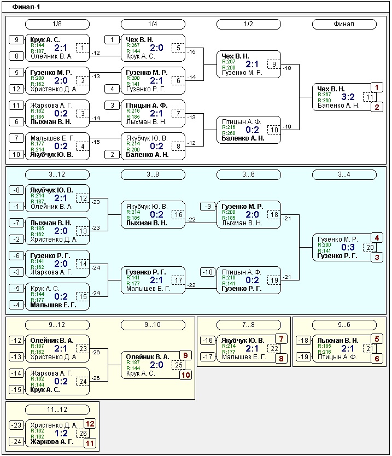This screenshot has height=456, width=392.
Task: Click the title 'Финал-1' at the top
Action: [x=26, y=7]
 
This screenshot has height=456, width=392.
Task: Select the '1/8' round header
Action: [x=57, y=24]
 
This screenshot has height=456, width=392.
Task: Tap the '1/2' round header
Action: [x=249, y=24]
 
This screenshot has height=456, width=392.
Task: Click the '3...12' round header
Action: [x=57, y=174]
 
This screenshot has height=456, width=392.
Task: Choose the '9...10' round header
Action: [x=153, y=325]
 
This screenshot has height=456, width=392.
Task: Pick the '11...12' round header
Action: [x=57, y=410]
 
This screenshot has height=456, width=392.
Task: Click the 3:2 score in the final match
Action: [x=348, y=97]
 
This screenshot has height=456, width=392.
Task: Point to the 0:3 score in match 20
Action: [x=348, y=247]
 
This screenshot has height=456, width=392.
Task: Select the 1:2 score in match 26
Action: [x=61, y=434]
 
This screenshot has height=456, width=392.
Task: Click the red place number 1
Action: [x=377, y=87]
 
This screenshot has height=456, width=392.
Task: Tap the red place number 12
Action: [x=90, y=424]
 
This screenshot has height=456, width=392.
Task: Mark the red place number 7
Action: [x=281, y=339]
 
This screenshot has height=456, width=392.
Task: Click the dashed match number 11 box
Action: [x=370, y=97]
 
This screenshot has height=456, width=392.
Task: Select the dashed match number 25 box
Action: [x=178, y=365]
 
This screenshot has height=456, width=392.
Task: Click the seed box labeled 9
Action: [x=16, y=40]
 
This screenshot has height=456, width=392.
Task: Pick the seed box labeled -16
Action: [x=208, y=341]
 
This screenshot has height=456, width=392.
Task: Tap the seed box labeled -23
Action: [x=16, y=425]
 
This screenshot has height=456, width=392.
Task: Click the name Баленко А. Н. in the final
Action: [x=338, y=106]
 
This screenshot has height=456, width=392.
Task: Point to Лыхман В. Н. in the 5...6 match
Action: [x=338, y=341]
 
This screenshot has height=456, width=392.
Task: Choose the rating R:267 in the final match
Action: [x=324, y=95]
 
